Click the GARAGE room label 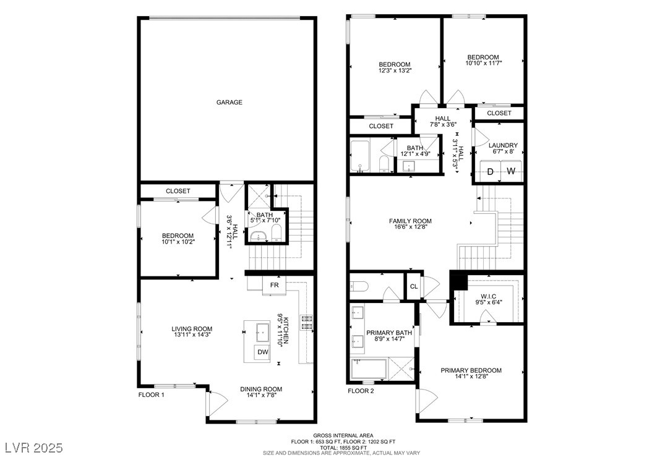pos(229,102)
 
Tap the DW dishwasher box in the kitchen pos(262,352)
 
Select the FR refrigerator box pos(275,285)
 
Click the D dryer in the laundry pos(491,171)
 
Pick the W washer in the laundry pos(511,171)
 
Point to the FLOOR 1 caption pos(152,394)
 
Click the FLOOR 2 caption pos(361,391)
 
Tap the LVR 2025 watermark pos(34,448)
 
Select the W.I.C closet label pos(489,296)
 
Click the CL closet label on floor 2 pos(414,286)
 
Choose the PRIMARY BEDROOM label pos(471,370)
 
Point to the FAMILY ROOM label pos(410,221)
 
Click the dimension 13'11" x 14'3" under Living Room pos(192,334)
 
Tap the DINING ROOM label pos(261,390)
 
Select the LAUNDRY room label pos(503,145)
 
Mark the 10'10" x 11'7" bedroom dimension pos(484,63)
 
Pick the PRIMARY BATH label pos(389,333)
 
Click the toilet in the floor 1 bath pos(277,232)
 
